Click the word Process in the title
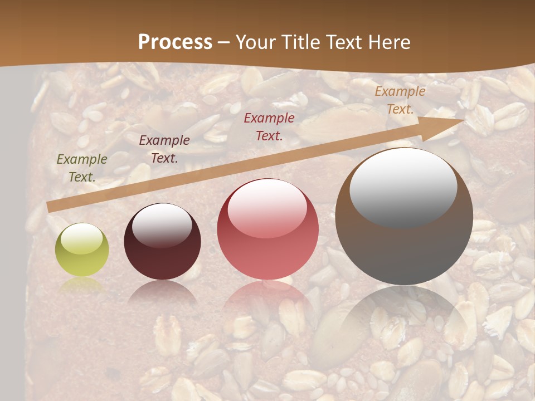(x=175, y=42)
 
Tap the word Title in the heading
(x=297, y=42)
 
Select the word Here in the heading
(x=389, y=42)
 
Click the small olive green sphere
(x=82, y=250)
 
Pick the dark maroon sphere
(x=162, y=241)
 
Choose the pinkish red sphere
(x=267, y=229)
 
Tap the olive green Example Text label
(x=82, y=168)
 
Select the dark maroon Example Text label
(x=164, y=149)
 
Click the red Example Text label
(x=269, y=126)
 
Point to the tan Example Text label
(x=400, y=100)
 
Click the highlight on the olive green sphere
(x=81, y=238)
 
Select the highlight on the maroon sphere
(x=162, y=224)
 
